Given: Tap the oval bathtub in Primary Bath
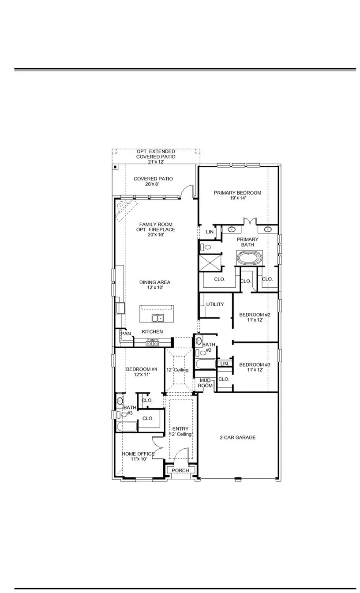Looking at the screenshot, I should tap(249, 258).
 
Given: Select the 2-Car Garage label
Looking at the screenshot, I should tap(237, 438).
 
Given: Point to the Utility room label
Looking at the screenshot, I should tap(215, 304).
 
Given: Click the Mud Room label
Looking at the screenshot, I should tap(206, 383).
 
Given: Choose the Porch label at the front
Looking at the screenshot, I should tap(180, 471).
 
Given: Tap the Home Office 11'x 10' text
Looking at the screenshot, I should tap(138, 457).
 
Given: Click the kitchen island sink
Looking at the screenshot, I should tap(157, 318).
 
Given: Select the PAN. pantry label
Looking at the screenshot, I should tap(127, 334).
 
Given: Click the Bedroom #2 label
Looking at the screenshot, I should tap(255, 317).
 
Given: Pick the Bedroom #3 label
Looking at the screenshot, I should tap(255, 367).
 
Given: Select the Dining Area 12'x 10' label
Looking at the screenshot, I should tap(154, 285).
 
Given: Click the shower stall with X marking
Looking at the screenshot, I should tap(210, 263).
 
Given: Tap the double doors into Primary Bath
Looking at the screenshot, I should tap(250, 221).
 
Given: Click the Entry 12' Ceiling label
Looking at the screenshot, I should tap(180, 432).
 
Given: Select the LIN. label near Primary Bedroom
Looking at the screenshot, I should tap(210, 232).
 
